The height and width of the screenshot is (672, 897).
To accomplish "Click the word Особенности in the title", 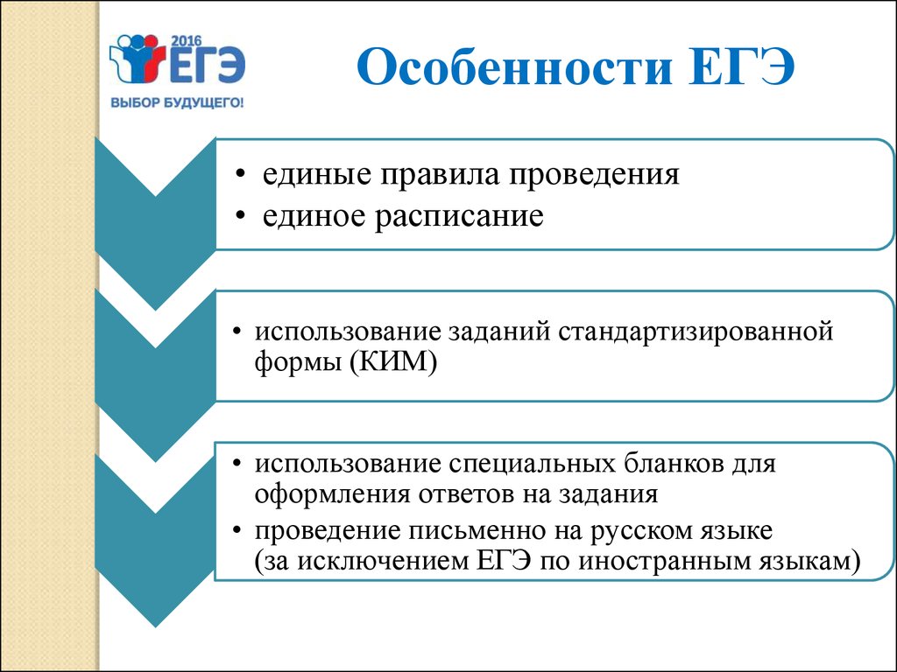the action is pyautogui.click(x=513, y=67).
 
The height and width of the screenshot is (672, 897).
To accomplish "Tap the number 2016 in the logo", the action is pyautogui.click(x=187, y=41).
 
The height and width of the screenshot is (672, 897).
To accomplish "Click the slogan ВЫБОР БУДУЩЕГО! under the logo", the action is pyautogui.click(x=177, y=103).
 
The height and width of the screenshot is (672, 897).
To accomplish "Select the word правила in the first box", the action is pyautogui.click(x=440, y=174).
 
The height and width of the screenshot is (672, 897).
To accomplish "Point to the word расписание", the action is pyautogui.click(x=459, y=217).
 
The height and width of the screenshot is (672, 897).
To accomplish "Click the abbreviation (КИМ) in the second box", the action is pyautogui.click(x=393, y=361).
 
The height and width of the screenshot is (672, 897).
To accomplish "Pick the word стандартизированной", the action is pyautogui.click(x=696, y=332).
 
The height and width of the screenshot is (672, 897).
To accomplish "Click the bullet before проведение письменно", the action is pyautogui.click(x=237, y=531).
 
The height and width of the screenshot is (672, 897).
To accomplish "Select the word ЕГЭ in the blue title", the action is pyautogui.click(x=741, y=67).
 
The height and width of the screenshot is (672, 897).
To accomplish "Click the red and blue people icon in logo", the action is pyautogui.click(x=140, y=58).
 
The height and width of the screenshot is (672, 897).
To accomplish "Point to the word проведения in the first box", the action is pyautogui.click(x=594, y=174).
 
